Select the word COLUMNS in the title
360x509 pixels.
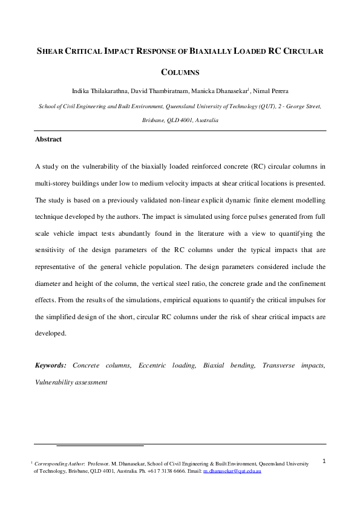(x=180, y=73)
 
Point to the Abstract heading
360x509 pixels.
(x=48, y=140)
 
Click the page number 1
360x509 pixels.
(x=324, y=461)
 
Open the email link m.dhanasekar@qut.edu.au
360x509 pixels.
(x=232, y=470)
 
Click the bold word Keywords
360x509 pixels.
(x=51, y=366)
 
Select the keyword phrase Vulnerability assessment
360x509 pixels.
(x=71, y=382)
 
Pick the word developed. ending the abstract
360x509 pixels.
(x=51, y=332)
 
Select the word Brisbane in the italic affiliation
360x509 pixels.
(x=155, y=120)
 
